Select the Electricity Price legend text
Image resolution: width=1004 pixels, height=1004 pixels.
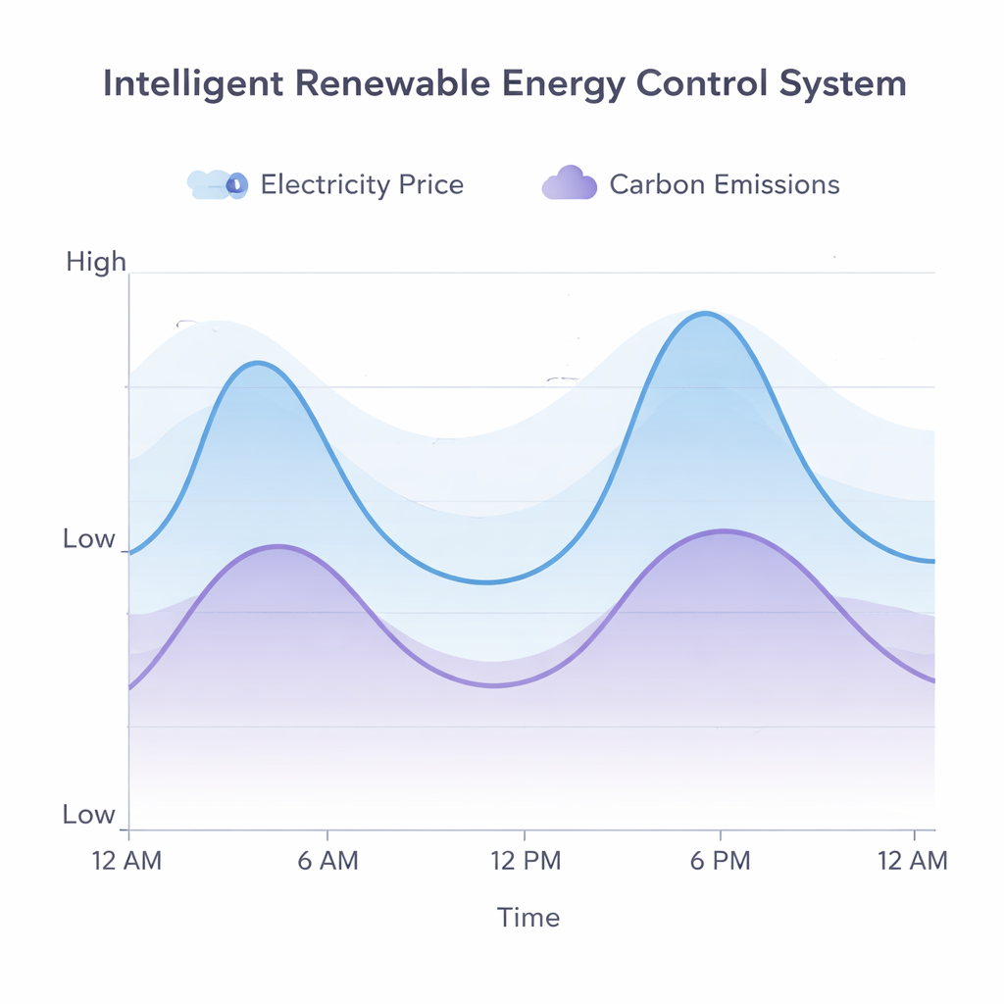pyautogui.click(x=362, y=184)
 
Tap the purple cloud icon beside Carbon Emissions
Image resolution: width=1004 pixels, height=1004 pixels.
pyautogui.click(x=570, y=184)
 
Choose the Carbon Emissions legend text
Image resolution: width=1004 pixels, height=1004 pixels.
pyautogui.click(x=725, y=184)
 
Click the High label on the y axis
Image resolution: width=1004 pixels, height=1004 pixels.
pyautogui.click(x=96, y=262)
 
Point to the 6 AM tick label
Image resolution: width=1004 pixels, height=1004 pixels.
pyautogui.click(x=327, y=861)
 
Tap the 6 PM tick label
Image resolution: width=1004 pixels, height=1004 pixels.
pyautogui.click(x=720, y=861)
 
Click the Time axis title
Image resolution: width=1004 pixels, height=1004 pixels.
pyautogui.click(x=528, y=918)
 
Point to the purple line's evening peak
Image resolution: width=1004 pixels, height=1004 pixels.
pyautogui.click(x=723, y=531)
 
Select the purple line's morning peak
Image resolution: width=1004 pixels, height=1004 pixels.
pyautogui.click(x=279, y=546)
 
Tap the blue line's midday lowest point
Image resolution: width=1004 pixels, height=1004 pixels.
pyautogui.click(x=487, y=582)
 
